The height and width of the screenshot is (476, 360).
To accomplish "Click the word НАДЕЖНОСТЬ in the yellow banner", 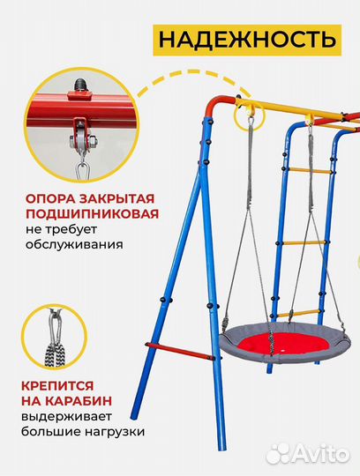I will (x=246, y=40).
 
